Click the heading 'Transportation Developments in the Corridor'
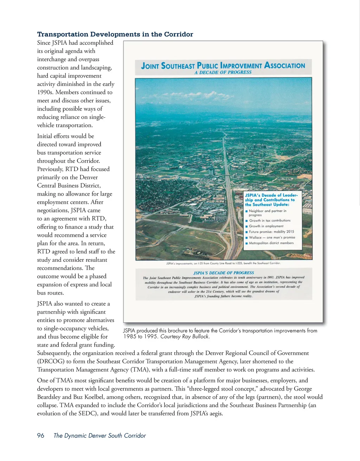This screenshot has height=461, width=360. (115, 34)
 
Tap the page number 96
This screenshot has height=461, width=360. (41, 435)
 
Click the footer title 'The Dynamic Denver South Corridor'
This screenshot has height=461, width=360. (99, 435)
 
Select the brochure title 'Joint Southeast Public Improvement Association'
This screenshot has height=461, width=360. (223, 65)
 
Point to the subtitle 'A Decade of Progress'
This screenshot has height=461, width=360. (223, 72)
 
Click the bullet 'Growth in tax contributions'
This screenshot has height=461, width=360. (270, 221)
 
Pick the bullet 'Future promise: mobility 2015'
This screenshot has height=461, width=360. (271, 232)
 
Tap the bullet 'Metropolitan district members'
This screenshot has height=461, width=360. (271, 243)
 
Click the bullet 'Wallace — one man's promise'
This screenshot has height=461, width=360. (272, 238)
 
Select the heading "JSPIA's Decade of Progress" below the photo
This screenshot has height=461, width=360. (224, 273)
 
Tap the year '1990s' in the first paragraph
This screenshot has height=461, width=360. (45, 92)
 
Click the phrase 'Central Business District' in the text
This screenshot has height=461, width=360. (69, 185)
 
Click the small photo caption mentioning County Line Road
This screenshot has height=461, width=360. (223, 263)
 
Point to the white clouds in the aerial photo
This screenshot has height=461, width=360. (211, 94)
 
